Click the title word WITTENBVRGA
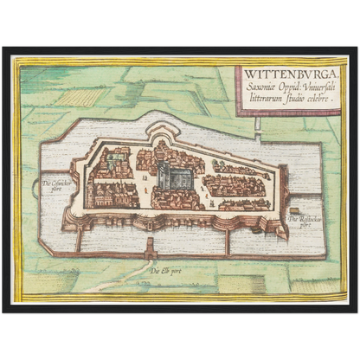click(x=290, y=74)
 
